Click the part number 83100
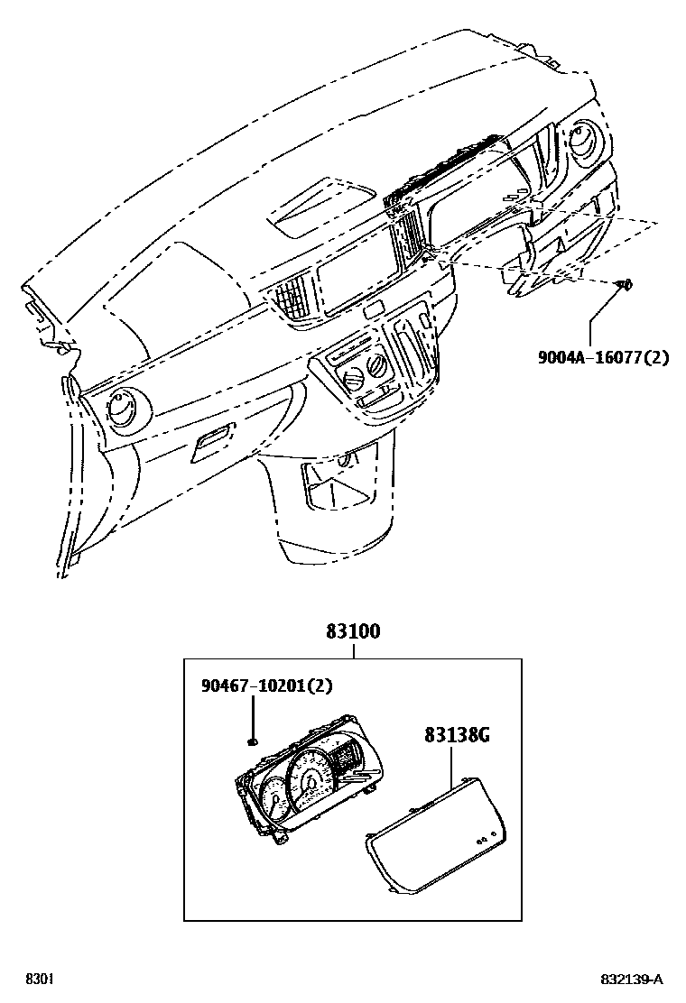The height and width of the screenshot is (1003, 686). pos(353,632)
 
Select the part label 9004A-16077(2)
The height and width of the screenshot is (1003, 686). pos(603,357)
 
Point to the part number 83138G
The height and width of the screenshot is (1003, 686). pos(457,734)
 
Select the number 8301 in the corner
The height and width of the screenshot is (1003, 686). pos(39,980)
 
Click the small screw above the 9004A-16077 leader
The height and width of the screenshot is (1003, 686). pos(623,286)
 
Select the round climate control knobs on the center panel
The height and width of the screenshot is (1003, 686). pos(359,369)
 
